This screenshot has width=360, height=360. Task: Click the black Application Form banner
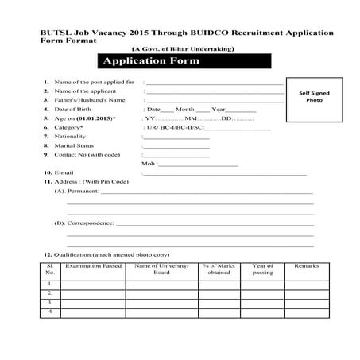157,61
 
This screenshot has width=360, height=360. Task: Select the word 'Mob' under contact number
147,164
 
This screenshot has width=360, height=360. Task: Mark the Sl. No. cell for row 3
50,302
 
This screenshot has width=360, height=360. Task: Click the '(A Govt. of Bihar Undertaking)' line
176,49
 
